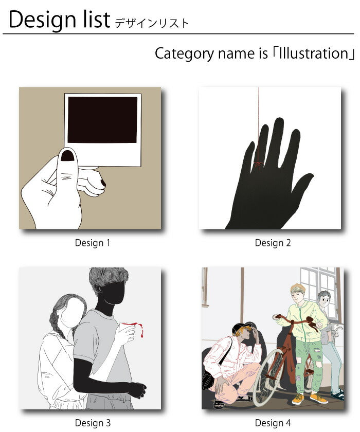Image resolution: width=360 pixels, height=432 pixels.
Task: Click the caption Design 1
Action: point(92,243)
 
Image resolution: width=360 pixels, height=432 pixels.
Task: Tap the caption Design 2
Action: point(273,243)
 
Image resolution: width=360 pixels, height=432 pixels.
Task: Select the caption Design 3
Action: point(93,423)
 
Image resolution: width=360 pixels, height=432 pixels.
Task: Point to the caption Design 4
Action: point(273,423)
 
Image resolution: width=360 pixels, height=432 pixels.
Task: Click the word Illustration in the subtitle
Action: point(314,53)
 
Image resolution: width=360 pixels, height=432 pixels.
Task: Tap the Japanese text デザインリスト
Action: point(152,23)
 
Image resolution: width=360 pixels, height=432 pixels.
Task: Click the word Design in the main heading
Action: point(42,20)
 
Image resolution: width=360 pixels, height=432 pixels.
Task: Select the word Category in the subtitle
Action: point(184,54)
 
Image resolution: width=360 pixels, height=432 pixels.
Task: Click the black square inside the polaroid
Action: point(102,119)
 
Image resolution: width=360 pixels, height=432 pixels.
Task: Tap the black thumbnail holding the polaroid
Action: point(67,156)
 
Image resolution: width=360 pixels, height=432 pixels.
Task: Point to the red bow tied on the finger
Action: point(258,165)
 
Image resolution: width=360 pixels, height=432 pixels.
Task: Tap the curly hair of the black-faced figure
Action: point(109,280)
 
